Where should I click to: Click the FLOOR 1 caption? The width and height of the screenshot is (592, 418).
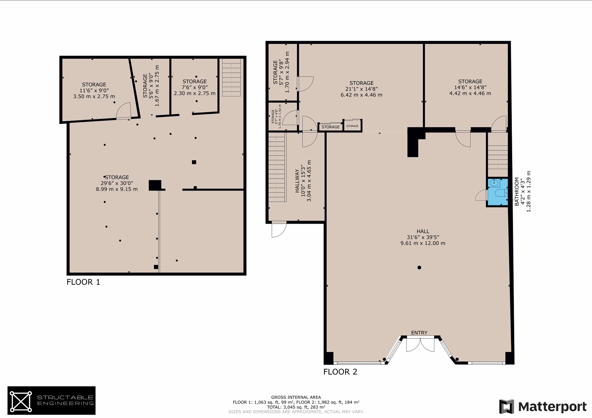(x=83, y=282)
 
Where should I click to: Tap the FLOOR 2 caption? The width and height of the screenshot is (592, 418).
(x=340, y=372)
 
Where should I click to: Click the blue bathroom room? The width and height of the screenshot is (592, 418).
(x=498, y=192)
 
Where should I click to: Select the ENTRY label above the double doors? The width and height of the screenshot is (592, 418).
(x=419, y=333)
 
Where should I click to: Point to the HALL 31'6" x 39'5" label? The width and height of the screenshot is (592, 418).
(x=423, y=237)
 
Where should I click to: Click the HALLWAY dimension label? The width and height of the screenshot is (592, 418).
(x=303, y=181)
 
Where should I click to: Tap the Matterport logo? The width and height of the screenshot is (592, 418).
(x=543, y=407)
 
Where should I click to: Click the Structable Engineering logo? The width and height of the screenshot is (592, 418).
(x=52, y=400)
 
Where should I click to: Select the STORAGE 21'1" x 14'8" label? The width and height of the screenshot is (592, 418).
(x=361, y=89)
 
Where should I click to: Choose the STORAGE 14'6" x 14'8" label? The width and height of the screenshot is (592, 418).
(x=470, y=87)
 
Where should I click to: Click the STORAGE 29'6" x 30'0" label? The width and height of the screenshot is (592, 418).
(x=117, y=183)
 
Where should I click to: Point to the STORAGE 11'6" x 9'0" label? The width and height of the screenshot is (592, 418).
(x=94, y=90)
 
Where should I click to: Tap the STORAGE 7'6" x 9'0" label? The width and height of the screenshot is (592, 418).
(x=194, y=87)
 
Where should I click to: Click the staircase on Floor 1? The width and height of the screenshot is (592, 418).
(x=231, y=78)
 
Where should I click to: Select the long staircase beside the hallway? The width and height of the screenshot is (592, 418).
(x=277, y=167)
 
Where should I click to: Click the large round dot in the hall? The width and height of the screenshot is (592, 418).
(x=419, y=268)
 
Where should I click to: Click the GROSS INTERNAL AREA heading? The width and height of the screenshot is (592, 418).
(x=296, y=397)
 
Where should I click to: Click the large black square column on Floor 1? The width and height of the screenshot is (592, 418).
(x=155, y=185)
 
